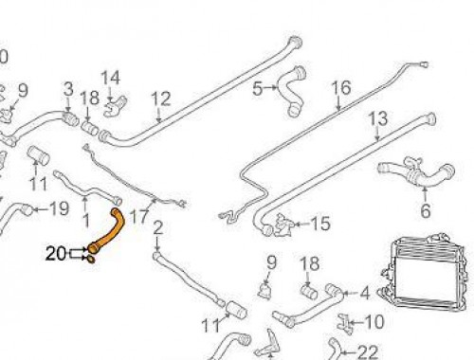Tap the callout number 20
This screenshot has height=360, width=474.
click(56, 252)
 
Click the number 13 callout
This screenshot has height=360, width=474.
click(377, 119)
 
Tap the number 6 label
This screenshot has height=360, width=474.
click(425, 210)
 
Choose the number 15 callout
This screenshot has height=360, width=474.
click(320, 225)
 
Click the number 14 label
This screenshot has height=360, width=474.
click(111, 77)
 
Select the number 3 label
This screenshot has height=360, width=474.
click(68, 90)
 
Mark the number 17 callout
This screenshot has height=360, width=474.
click(138, 217)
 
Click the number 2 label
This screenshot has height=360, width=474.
click(157, 226)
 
